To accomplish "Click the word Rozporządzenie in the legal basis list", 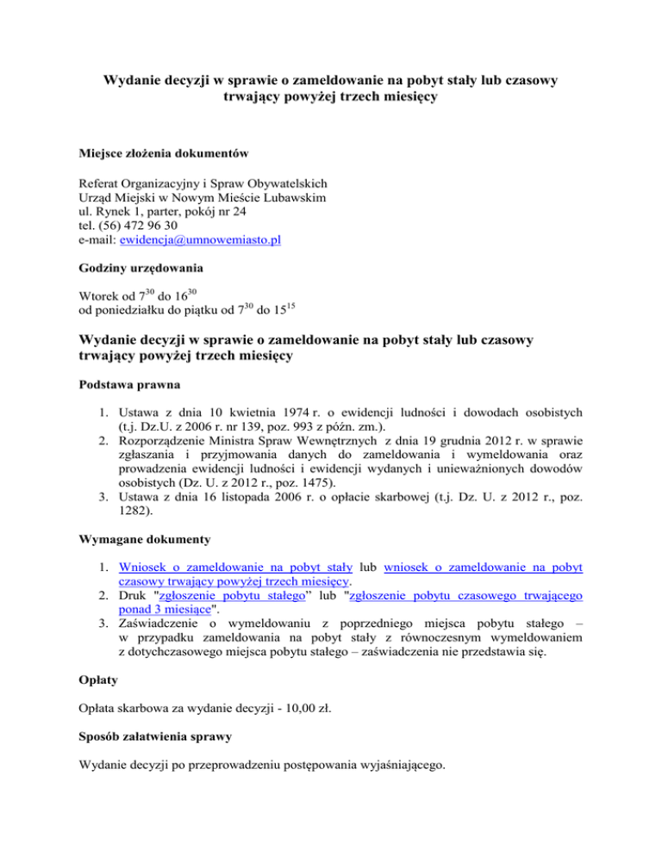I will [168, 438].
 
